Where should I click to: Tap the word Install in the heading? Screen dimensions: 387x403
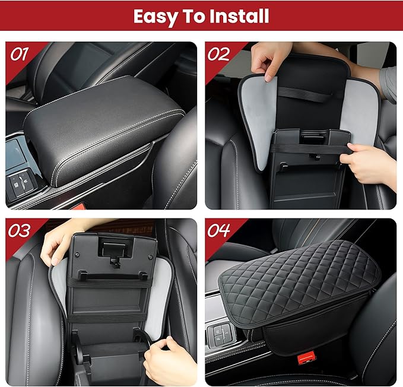point(238,16)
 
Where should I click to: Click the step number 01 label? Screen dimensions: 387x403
point(20,54)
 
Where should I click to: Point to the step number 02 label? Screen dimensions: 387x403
point(218,54)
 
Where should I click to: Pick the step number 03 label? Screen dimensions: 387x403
point(20,230)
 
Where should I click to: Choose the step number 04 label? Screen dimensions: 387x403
point(218,230)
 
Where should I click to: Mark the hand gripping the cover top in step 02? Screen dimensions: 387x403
point(270,60)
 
